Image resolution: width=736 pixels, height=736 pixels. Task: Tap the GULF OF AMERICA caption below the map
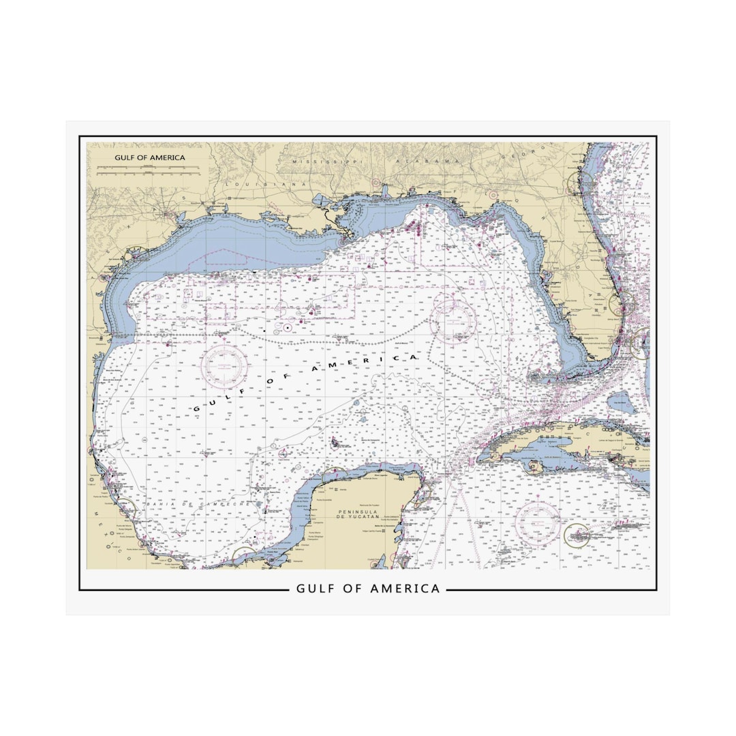(368, 588)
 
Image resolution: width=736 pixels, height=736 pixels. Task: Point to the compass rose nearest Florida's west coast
(453, 320)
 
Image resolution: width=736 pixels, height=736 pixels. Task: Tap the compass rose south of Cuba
(538, 523)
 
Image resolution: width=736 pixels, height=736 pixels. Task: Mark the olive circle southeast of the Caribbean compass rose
(577, 535)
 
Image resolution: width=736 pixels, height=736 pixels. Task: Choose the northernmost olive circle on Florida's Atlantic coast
(580, 181)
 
